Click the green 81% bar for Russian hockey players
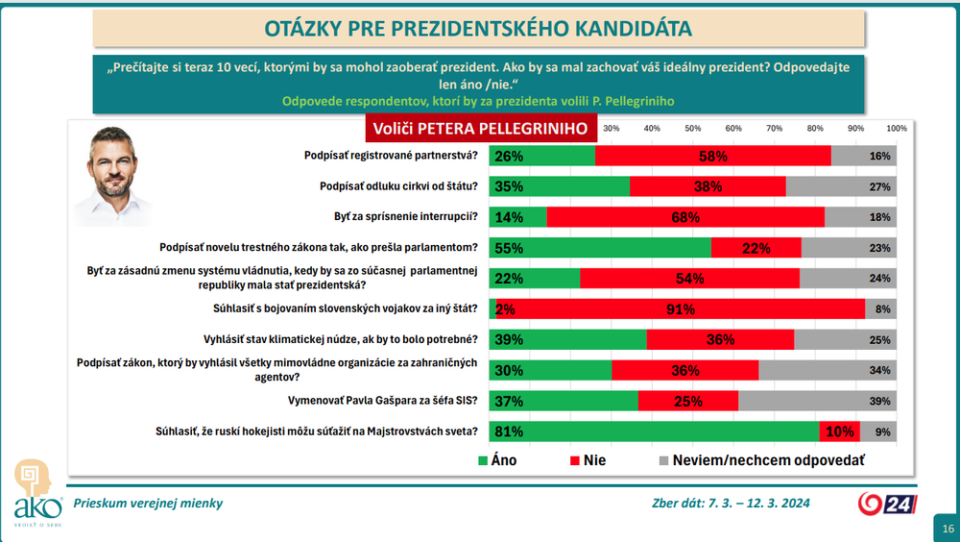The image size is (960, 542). pos(653,431)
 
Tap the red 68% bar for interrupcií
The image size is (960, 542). pos(684,217)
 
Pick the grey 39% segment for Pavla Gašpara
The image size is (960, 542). pos(817,401)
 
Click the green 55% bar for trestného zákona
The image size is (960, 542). pos(599,248)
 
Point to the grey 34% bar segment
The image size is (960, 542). pos(827,370)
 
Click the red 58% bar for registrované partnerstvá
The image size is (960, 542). pos(712,156)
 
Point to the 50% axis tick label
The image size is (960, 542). pos(692,129)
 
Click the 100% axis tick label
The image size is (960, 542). pos(896,129)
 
